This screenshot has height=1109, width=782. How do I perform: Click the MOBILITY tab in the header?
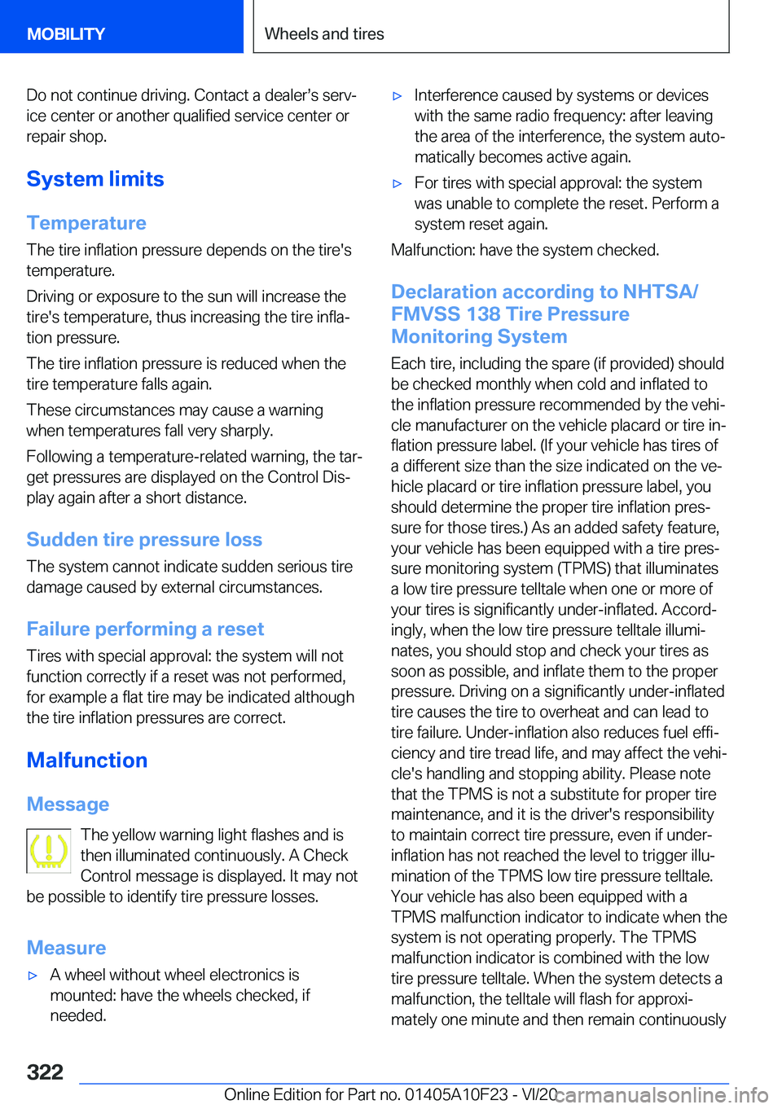tap(66, 34)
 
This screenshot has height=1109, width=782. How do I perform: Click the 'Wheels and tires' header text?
tap(324, 34)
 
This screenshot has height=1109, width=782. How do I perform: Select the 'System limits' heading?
tap(95, 179)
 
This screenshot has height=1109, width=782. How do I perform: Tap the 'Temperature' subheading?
tap(86, 223)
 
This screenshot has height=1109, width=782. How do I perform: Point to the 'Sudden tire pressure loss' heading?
tap(144, 540)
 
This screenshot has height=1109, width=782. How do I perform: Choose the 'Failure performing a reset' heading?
tap(145, 629)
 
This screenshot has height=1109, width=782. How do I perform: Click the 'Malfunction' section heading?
tap(87, 761)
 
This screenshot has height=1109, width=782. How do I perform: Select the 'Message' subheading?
tap(68, 804)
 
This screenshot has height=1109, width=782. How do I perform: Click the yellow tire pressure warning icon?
tap(49, 851)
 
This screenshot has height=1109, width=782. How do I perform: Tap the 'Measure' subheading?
tap(66, 948)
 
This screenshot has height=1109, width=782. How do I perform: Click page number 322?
tap(45, 1072)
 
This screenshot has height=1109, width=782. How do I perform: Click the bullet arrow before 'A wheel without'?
tap(33, 975)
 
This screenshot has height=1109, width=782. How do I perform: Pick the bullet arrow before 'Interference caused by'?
tap(398, 96)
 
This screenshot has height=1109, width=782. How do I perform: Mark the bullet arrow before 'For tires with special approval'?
tap(398, 184)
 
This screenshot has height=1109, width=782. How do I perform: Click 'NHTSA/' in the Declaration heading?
tap(660, 291)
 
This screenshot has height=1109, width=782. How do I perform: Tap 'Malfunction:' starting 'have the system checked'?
tap(433, 250)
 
